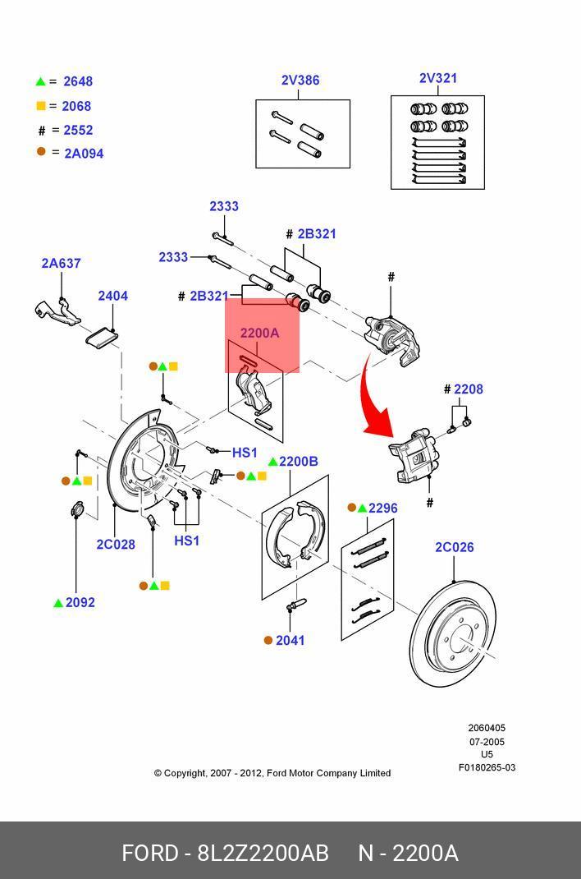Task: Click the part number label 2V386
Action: pos(300,81)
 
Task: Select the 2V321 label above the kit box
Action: pos(438,78)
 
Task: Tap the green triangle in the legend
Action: pos(40,81)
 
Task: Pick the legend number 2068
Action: pos(76,106)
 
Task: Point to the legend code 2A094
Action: pos(84,153)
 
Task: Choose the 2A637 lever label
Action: pos(61,263)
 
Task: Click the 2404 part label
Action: pos(113,296)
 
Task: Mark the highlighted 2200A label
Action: pos(259,333)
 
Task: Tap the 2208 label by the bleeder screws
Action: pos(469,389)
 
